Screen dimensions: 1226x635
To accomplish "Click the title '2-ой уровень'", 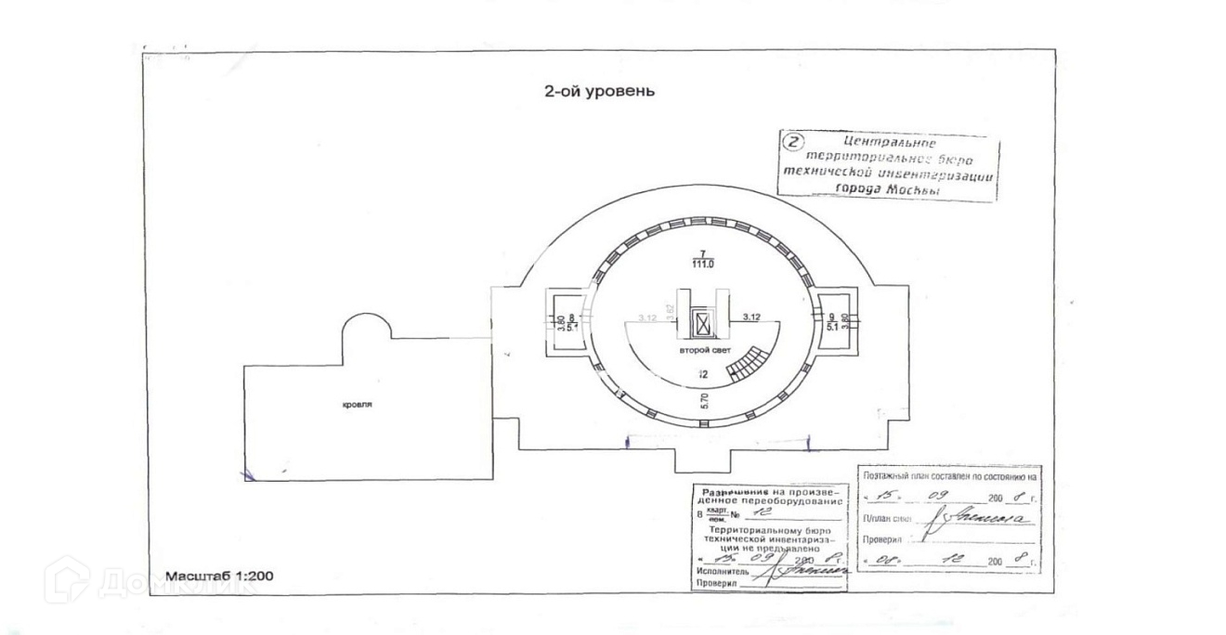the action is tap(599, 91).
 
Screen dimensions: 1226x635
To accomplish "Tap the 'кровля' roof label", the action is tap(362, 406).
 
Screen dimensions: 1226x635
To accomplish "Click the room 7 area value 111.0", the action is tap(703, 264).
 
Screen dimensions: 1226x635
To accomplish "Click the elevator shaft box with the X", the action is tap(703, 324).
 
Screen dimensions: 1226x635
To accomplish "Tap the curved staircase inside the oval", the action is tap(748, 363).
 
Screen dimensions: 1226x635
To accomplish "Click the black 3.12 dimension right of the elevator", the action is tap(753, 317).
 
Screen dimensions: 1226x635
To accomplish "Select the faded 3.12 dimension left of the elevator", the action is tap(647, 317).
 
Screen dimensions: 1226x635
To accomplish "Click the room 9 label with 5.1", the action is tap(832, 322).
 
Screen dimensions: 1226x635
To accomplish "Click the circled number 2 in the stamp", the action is tap(793, 142).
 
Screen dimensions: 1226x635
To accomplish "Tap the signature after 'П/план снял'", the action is tap(985, 520).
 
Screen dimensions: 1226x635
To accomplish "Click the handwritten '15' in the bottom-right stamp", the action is tap(891, 497).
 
